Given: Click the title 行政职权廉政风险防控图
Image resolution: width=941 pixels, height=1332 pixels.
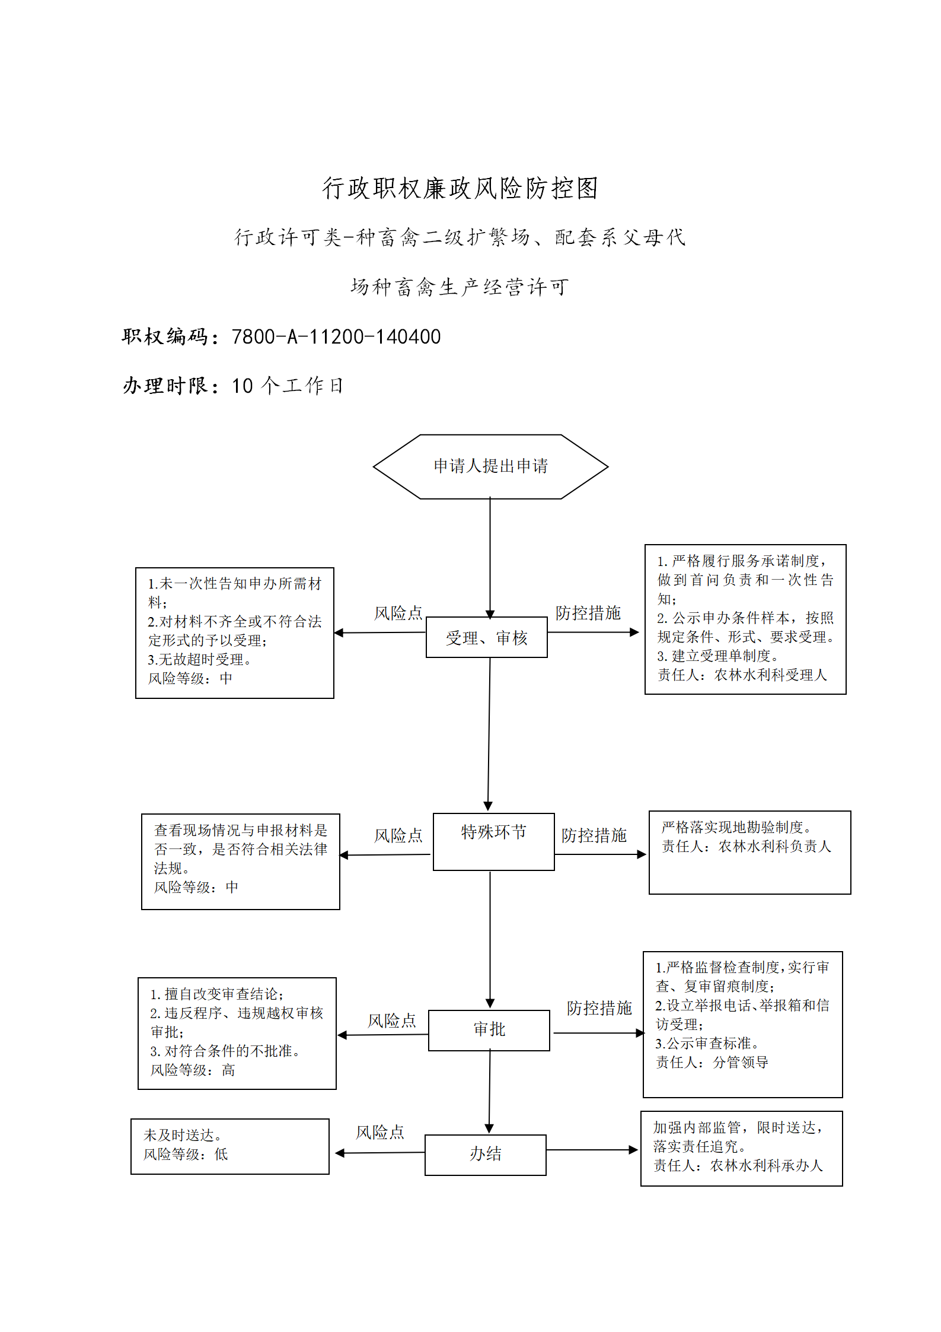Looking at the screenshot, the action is [460, 188].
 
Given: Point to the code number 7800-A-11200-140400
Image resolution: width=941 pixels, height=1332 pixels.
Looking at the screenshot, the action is [336, 337].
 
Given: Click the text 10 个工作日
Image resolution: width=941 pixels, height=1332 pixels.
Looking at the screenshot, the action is [288, 386].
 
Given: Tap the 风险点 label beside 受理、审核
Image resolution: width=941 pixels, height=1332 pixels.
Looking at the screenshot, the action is [398, 613].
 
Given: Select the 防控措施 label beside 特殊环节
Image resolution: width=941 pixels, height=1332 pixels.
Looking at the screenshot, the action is [594, 835].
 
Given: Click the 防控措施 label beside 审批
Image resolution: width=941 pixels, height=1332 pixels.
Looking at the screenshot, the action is [599, 1008].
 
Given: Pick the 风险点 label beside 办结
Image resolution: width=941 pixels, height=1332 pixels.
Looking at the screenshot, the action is [380, 1133].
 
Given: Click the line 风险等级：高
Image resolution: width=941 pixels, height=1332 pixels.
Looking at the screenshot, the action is [193, 1070].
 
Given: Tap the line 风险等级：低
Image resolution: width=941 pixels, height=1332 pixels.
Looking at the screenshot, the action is [186, 1154].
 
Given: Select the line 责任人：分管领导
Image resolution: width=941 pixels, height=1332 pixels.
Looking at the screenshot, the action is [712, 1062].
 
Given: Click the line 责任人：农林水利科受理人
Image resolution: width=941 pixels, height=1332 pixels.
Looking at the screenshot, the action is [742, 675].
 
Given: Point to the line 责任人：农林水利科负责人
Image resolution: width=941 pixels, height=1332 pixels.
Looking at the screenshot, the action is [747, 846].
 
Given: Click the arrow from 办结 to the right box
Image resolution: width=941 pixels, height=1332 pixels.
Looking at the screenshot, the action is [592, 1150].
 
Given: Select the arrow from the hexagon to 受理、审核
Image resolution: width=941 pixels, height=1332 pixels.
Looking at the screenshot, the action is [490, 558].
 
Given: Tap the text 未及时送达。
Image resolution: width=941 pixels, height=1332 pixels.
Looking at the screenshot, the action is [183, 1135].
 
